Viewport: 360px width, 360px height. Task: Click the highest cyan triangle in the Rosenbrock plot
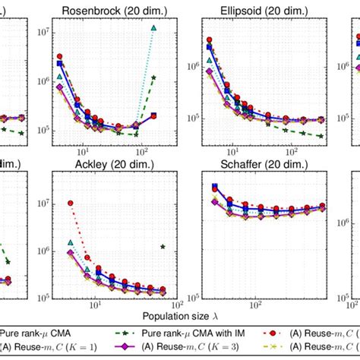(x=154, y=28)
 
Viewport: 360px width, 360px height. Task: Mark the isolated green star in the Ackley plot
(x=163, y=246)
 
